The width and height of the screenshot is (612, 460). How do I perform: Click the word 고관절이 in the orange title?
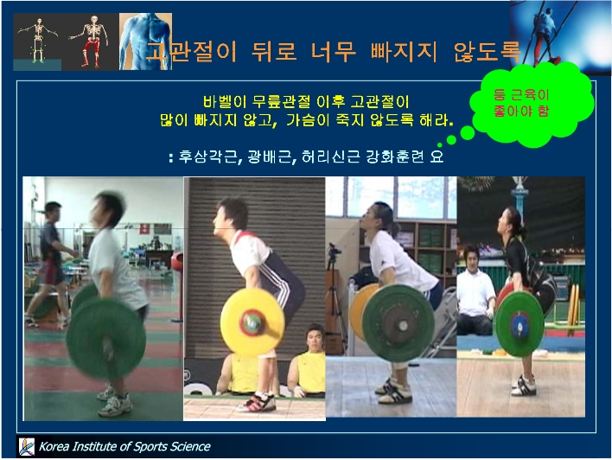[x=191, y=52]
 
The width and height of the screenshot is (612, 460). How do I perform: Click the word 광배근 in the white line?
[x=270, y=157]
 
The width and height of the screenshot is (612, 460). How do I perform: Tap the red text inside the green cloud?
[x=521, y=103]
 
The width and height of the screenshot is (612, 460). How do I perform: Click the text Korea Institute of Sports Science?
[x=124, y=446]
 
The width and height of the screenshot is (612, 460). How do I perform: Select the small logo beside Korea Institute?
[x=27, y=446]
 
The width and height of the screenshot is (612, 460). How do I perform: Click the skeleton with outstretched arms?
[x=38, y=41]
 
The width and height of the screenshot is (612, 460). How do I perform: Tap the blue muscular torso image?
[x=145, y=42]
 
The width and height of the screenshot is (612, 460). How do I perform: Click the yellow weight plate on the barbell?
[x=252, y=323]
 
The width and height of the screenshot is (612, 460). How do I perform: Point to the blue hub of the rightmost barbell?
[x=520, y=324]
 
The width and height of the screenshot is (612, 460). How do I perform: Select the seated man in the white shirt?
[x=475, y=291]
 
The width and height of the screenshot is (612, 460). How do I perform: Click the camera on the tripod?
[x=333, y=250]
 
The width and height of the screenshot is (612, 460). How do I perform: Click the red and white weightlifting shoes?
[x=258, y=402]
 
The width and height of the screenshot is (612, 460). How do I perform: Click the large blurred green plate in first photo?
[x=105, y=339]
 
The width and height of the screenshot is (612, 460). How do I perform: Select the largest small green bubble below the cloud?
[x=467, y=133]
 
